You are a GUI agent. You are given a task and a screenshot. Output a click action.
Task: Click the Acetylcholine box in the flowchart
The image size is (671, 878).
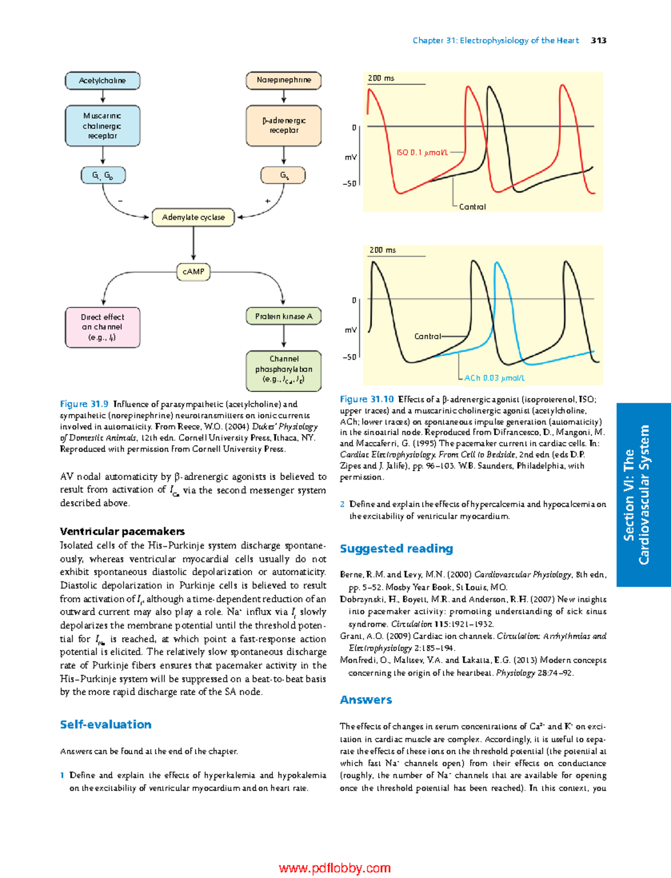[102, 81]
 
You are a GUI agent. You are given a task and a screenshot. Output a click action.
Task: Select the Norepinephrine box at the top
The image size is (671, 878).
[283, 80]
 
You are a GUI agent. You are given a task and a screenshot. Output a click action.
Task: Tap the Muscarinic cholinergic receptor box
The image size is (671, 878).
[102, 126]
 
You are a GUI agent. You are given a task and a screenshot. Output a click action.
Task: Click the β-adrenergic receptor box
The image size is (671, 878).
[283, 125]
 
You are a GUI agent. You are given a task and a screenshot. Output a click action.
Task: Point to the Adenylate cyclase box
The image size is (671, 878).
[193, 217]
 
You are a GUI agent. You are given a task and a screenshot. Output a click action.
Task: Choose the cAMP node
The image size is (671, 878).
[193, 272]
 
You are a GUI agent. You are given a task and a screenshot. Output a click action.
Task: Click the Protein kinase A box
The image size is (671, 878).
[283, 316]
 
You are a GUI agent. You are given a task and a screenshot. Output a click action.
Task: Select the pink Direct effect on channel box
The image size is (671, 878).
[102, 327]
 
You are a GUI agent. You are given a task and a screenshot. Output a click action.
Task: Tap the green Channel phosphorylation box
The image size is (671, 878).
[283, 370]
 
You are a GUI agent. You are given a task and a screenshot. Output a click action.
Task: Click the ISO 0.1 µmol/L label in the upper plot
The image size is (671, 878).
[422, 152]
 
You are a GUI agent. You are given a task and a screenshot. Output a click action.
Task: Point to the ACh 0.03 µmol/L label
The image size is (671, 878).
[494, 378]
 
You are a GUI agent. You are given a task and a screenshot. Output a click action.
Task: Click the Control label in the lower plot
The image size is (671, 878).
[428, 336]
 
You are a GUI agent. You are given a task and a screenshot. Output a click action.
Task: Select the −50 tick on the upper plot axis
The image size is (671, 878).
[349, 183]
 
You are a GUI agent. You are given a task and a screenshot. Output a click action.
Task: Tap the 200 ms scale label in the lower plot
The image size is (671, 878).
[382, 250]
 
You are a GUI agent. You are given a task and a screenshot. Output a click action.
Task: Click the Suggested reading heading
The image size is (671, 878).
[396, 549]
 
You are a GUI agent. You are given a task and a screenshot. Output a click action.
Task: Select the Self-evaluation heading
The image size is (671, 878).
[106, 724]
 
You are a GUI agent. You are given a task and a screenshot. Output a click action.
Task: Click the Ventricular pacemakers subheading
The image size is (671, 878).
[122, 531]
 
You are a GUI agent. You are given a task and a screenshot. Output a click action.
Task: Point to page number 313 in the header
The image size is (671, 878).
[598, 40]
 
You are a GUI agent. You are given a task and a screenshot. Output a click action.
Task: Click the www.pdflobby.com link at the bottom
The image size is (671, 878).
[334, 868]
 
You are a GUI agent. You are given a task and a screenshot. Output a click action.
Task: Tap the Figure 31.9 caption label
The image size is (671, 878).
[84, 404]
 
